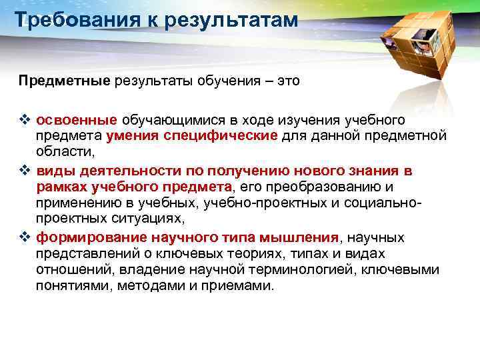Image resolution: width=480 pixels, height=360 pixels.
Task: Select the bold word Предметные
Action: tap(64, 81)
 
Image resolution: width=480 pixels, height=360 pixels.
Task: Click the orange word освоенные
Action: tap(77, 121)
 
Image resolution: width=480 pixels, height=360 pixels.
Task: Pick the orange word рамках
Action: tap(63, 187)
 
